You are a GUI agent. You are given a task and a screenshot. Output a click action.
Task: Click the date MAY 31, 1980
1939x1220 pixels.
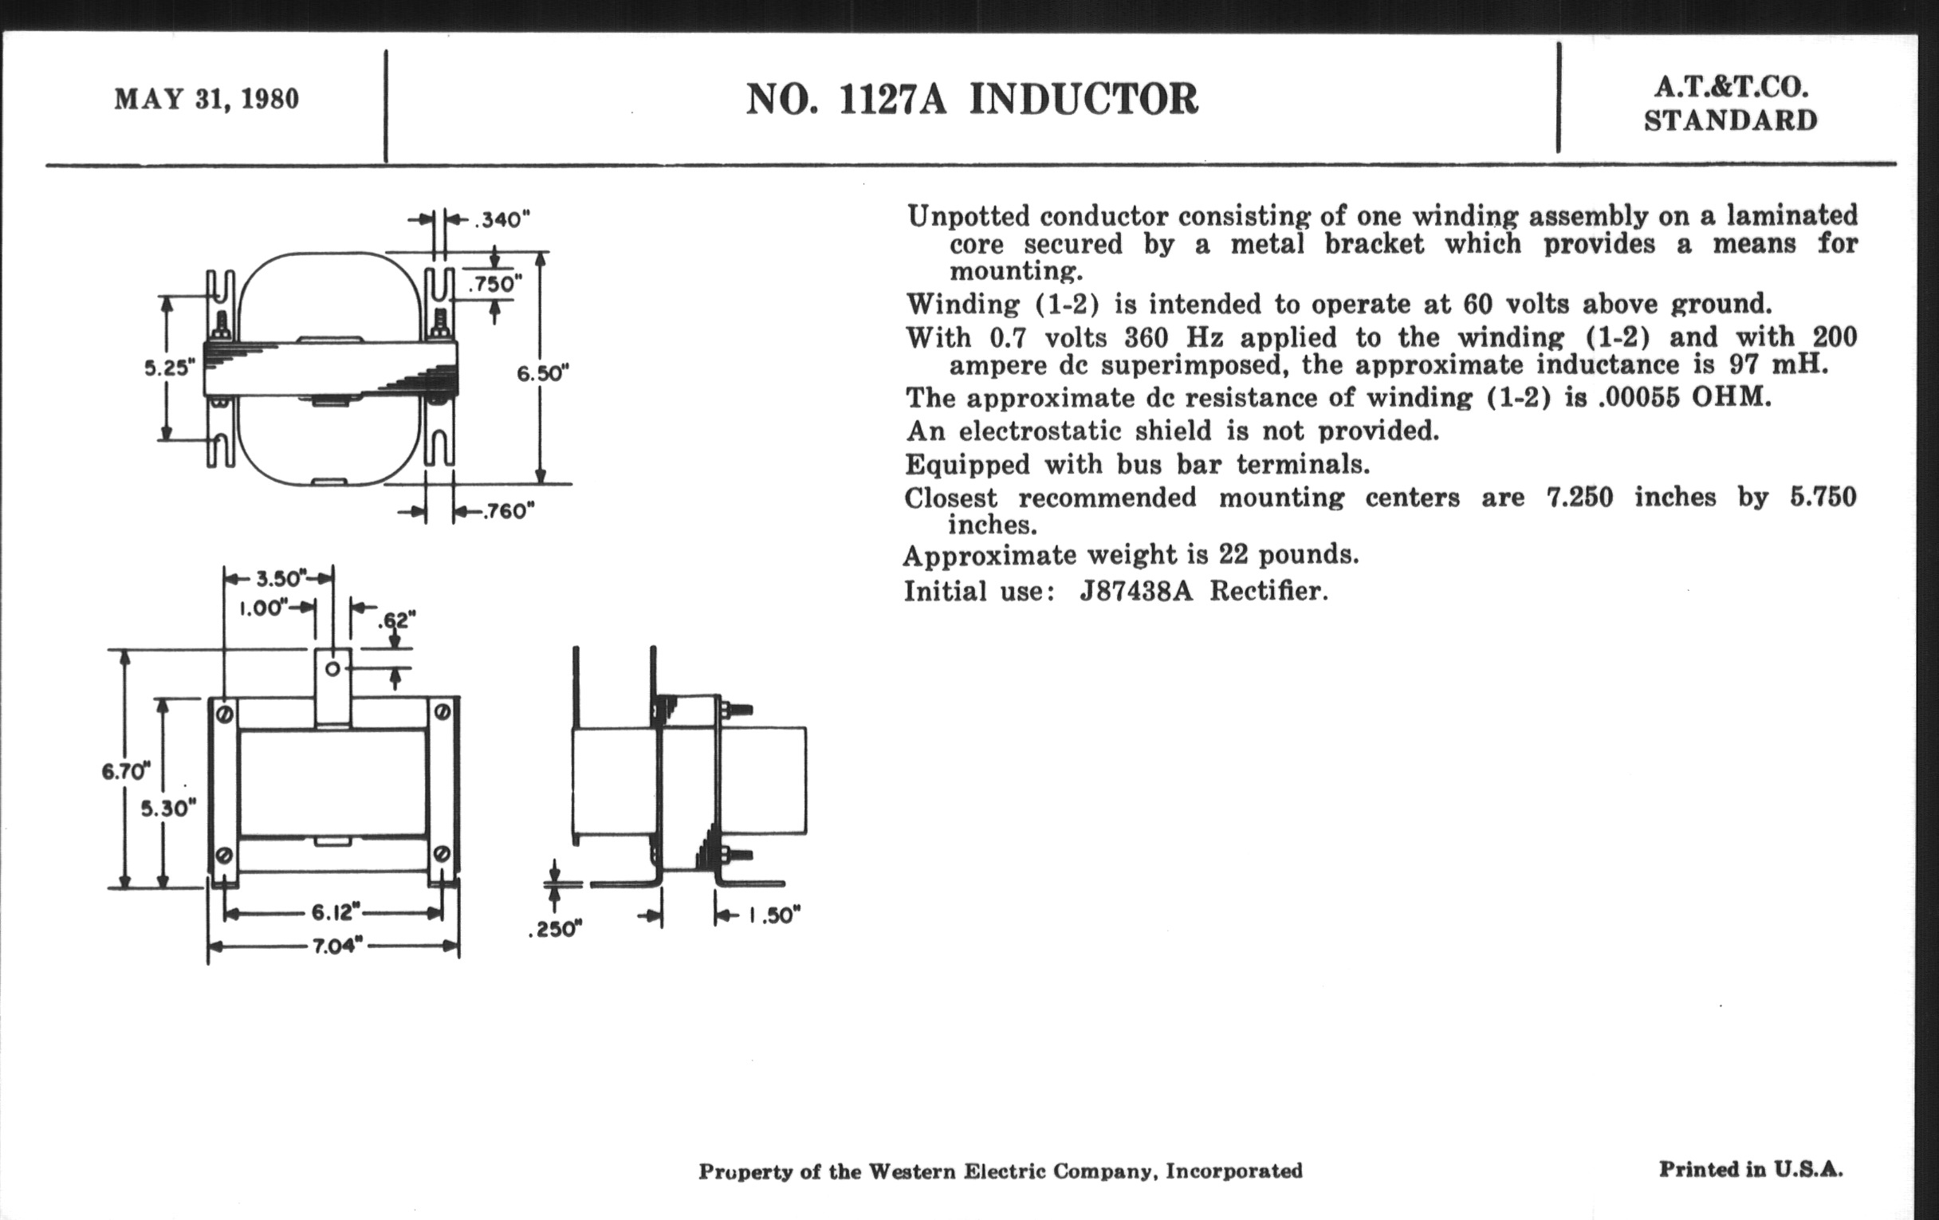(x=206, y=99)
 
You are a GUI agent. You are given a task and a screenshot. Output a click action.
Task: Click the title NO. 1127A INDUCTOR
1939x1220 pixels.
(x=971, y=100)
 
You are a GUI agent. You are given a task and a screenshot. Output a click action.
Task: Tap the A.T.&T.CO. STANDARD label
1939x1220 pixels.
(x=1729, y=104)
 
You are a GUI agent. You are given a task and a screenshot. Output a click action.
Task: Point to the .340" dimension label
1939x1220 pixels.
(x=501, y=220)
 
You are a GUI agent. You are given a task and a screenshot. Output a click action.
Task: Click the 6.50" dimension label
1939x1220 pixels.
(x=543, y=374)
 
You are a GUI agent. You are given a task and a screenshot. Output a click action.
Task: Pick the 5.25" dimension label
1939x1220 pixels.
(x=170, y=368)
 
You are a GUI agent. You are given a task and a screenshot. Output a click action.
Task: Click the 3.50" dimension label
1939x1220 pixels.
(x=280, y=578)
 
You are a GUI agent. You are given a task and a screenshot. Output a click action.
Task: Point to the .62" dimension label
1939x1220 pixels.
(x=397, y=620)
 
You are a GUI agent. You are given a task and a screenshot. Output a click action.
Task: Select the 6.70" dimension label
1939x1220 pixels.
(x=126, y=771)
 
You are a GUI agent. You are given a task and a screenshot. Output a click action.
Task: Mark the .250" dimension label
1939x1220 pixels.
(x=556, y=929)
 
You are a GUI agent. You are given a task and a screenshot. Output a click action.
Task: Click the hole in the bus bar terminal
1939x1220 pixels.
(x=332, y=668)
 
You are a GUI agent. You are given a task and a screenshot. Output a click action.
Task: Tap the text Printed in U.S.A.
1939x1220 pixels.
(x=1751, y=1169)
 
